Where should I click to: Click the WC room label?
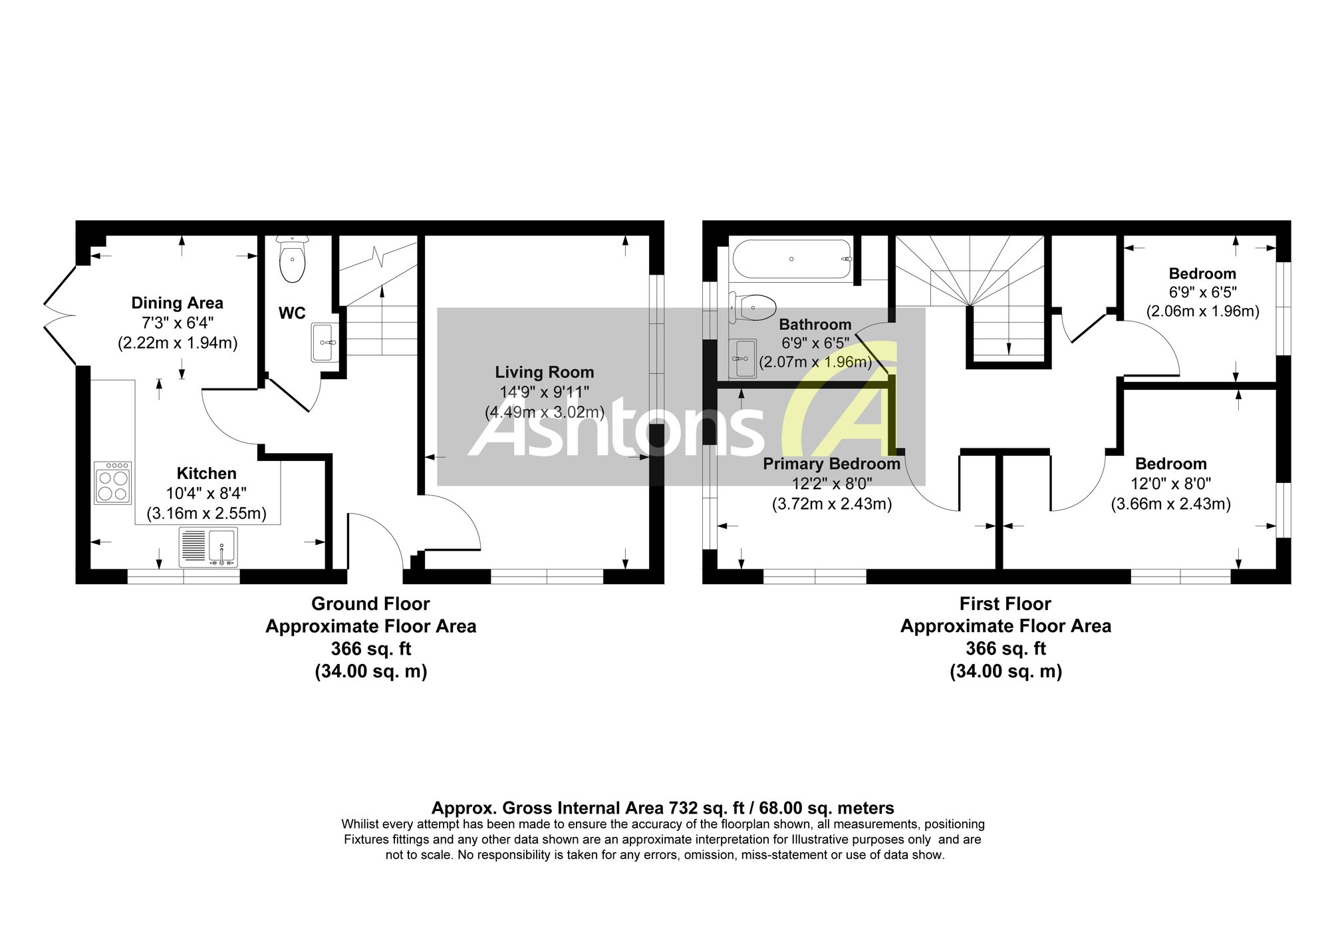292,313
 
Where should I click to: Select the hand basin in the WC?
324,343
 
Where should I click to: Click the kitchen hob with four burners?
113,483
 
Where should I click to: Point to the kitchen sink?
208,548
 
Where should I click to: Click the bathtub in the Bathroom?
791,259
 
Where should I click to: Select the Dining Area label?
177,303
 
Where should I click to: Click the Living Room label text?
545,372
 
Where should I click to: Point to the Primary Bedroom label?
831,464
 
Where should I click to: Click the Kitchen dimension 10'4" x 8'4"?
206,493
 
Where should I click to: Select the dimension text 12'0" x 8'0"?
1170,484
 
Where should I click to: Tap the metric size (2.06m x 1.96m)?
1202,311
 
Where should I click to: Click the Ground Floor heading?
370,603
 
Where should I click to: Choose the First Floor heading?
1005,603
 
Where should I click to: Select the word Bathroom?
815,324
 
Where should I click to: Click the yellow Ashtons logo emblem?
840,399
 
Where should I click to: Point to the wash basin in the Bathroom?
743,359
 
